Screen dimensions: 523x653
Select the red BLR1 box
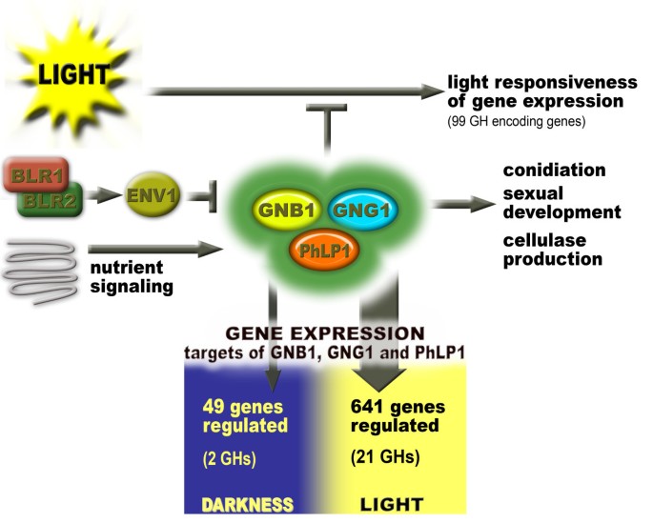tap(33, 175)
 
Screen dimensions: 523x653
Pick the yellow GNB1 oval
tap(281, 210)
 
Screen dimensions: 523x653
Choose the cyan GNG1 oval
tap(363, 210)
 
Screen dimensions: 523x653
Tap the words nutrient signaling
tap(130, 274)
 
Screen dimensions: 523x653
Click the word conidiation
tap(555, 171)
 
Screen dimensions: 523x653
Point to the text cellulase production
tap(553, 249)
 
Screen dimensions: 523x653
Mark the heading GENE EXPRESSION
tap(324, 334)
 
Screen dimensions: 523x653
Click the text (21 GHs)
tap(387, 457)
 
